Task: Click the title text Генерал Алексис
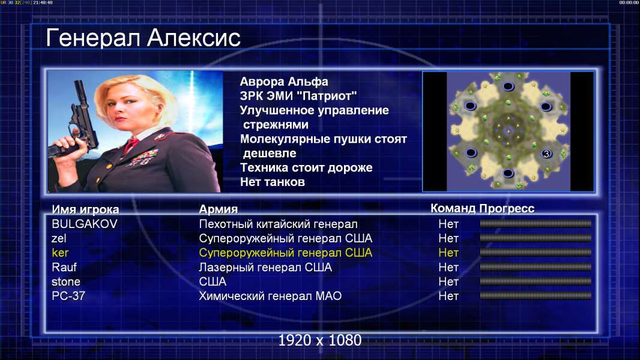click(143, 38)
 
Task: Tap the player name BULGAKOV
click(85, 224)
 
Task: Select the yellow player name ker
click(60, 253)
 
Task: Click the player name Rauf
click(64, 267)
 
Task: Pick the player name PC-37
click(68, 296)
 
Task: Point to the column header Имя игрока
click(85, 209)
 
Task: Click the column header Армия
click(218, 209)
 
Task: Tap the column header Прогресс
click(507, 209)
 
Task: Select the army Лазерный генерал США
click(265, 267)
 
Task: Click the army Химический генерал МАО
click(270, 296)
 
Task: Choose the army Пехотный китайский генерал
click(278, 224)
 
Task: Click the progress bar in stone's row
click(536, 281)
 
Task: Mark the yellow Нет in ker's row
click(448, 253)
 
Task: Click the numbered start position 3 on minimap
click(546, 154)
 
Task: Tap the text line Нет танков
click(272, 182)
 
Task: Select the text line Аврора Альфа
click(283, 82)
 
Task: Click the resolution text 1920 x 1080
click(319, 340)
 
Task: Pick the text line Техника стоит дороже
click(306, 167)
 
